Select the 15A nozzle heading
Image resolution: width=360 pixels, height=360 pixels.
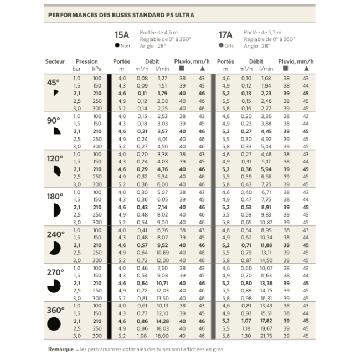click(121, 34)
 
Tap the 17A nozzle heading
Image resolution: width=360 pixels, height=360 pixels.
click(225, 34)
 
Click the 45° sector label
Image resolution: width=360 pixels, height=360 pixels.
click(53, 83)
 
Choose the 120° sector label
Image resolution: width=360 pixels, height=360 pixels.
click(54, 158)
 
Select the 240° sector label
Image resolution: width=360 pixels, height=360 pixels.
click(54, 234)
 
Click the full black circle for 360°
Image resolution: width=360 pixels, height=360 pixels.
click(54, 325)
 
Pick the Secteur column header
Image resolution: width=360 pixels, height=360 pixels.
click(55, 61)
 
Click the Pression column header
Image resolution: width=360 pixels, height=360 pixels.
click(87, 61)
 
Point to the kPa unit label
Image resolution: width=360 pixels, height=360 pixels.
click(97, 69)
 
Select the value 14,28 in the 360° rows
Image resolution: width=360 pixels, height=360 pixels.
click(162, 321)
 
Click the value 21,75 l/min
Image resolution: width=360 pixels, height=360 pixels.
click(266, 336)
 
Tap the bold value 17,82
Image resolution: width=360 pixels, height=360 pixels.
click(266, 321)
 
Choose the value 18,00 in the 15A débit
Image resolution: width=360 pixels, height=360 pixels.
click(162, 336)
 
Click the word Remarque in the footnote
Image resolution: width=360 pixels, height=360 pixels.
click(59, 349)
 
